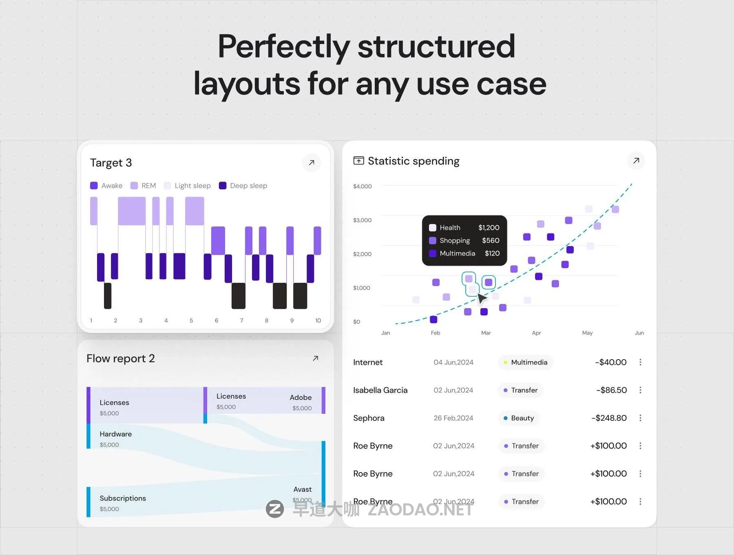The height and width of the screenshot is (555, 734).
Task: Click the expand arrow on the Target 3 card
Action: pyautogui.click(x=312, y=163)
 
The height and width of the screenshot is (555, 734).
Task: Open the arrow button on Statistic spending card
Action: pyautogui.click(x=636, y=161)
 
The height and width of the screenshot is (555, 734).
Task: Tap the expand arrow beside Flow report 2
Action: pyautogui.click(x=315, y=358)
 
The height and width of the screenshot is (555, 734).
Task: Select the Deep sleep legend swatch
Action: pyautogui.click(x=223, y=186)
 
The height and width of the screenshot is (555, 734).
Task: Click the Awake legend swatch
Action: pyautogui.click(x=94, y=186)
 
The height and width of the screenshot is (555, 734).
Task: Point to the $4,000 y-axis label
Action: pyautogui.click(x=363, y=186)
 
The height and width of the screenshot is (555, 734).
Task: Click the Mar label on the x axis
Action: pyautogui.click(x=486, y=333)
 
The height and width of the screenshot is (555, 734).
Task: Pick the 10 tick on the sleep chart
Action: pyautogui.click(x=318, y=321)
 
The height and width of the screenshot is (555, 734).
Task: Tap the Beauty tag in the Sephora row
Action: pyautogui.click(x=519, y=418)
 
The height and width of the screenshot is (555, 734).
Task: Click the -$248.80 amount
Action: pyautogui.click(x=609, y=418)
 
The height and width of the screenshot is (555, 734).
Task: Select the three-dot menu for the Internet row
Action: pyautogui.click(x=640, y=362)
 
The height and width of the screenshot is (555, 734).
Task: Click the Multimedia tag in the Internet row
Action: pyautogui.click(x=525, y=362)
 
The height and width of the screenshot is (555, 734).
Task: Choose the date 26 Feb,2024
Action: pyautogui.click(x=453, y=418)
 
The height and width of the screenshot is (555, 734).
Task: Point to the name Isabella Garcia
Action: pyautogui.click(x=380, y=390)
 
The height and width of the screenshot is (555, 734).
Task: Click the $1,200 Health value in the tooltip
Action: pyautogui.click(x=489, y=228)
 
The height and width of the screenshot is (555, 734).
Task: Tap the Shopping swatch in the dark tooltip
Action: pyautogui.click(x=433, y=241)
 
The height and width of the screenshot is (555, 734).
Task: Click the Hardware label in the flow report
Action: pyautogui.click(x=116, y=434)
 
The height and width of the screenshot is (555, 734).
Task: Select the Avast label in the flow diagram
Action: pyautogui.click(x=303, y=489)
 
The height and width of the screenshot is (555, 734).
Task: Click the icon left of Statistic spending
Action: pyautogui.click(x=358, y=161)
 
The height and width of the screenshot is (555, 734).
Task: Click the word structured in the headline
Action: pyautogui.click(x=436, y=47)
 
